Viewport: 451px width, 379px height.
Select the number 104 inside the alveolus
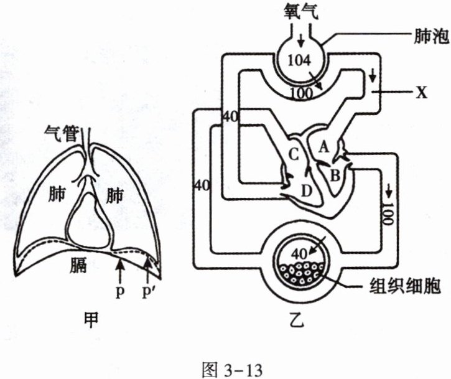click(x=299, y=61)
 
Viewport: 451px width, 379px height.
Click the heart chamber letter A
click(x=322, y=147)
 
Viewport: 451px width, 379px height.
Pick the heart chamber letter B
click(x=335, y=176)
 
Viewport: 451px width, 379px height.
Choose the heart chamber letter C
click(x=294, y=154)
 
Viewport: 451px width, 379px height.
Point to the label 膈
click(x=80, y=267)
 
